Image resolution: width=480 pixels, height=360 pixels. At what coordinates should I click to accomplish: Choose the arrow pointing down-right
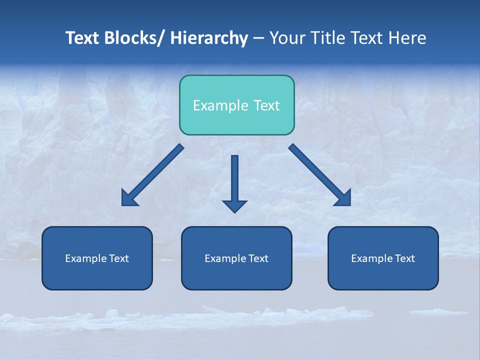[320, 175]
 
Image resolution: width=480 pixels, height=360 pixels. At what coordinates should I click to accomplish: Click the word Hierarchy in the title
[209, 38]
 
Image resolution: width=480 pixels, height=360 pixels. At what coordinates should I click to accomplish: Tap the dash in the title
[258, 38]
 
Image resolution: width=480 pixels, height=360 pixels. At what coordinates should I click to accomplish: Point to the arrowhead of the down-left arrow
[128, 199]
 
